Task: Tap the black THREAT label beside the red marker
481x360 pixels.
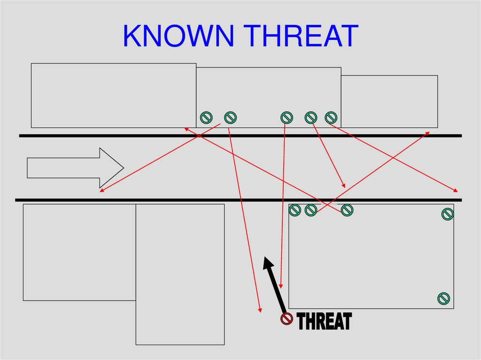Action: [x=324, y=322]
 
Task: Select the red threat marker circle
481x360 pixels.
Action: [x=287, y=319]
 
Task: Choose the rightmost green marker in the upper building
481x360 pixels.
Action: [x=331, y=117]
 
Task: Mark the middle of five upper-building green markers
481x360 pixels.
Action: [x=287, y=117]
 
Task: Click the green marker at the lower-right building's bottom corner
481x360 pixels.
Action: [x=444, y=298]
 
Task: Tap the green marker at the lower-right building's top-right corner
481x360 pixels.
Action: [x=448, y=214]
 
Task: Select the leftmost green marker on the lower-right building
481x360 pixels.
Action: [x=295, y=210]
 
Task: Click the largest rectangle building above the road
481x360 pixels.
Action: [x=113, y=95]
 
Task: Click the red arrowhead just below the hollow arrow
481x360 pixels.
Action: [x=101, y=190]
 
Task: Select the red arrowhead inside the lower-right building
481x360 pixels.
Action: [x=281, y=287]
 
